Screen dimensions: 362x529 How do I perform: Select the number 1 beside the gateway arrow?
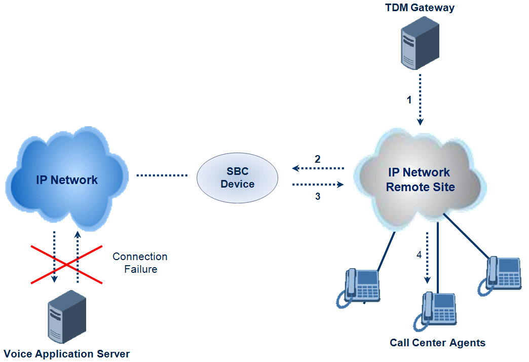(x=409, y=100)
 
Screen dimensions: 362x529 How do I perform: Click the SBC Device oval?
(x=237, y=177)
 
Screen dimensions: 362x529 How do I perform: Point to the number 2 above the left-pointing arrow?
(x=318, y=159)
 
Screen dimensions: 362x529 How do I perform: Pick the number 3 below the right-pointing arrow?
(x=318, y=197)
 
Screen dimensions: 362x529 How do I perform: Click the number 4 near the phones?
(x=419, y=255)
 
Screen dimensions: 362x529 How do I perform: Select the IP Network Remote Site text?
(x=420, y=180)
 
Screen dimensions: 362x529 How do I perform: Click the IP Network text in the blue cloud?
(x=67, y=179)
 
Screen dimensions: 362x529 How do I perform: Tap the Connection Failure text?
(x=140, y=263)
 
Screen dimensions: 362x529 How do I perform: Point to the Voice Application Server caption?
(x=67, y=354)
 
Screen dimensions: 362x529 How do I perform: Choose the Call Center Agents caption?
(x=437, y=343)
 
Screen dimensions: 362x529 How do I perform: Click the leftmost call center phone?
(x=360, y=286)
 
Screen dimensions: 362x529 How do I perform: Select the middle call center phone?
(x=437, y=309)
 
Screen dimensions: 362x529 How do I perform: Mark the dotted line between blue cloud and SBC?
(x=162, y=176)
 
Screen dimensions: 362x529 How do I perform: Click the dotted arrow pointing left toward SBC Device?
(x=318, y=168)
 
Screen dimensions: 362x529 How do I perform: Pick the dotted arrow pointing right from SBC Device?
(x=318, y=185)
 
